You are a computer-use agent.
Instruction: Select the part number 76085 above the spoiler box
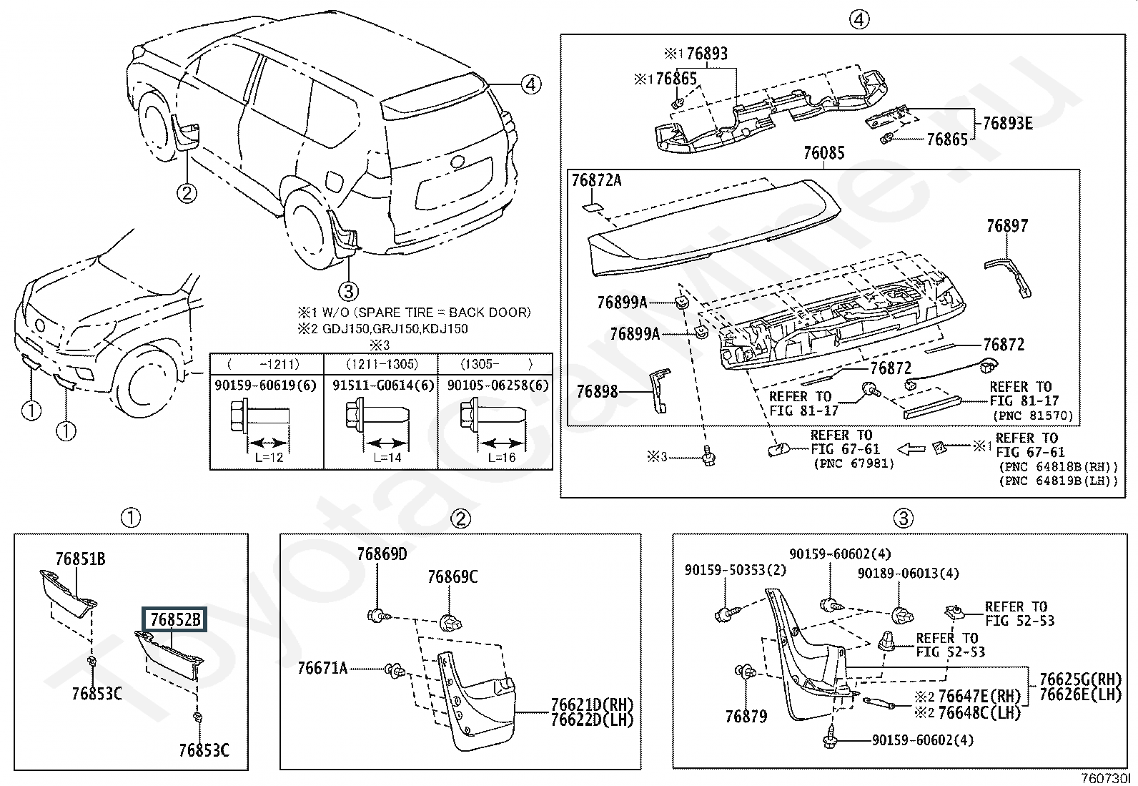(x=823, y=153)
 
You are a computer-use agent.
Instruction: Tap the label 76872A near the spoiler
(x=596, y=180)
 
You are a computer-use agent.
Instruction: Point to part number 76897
(x=1006, y=226)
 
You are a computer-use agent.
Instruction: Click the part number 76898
(x=597, y=392)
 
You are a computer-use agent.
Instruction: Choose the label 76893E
(x=1007, y=123)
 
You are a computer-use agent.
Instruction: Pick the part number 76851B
(x=80, y=559)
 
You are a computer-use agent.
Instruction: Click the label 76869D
(x=382, y=554)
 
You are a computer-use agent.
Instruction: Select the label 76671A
(x=322, y=669)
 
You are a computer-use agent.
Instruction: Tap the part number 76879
(x=746, y=716)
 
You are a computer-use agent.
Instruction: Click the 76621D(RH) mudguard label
(x=592, y=705)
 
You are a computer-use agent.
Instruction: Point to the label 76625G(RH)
(x=1080, y=679)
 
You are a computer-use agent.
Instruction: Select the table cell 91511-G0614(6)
(x=382, y=385)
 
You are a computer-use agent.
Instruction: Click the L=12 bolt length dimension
(x=269, y=457)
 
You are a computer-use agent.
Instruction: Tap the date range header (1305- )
(x=495, y=364)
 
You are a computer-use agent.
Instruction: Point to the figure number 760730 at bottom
(x=1107, y=777)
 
